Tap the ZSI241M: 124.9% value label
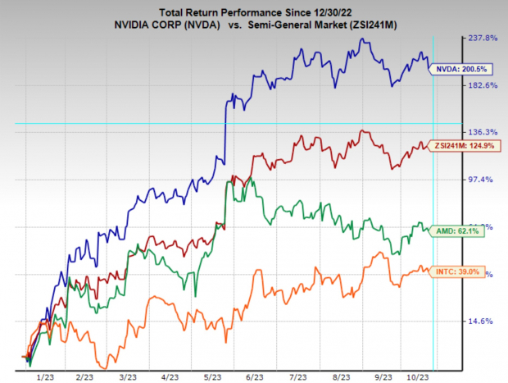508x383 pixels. pyautogui.click(x=465, y=145)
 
